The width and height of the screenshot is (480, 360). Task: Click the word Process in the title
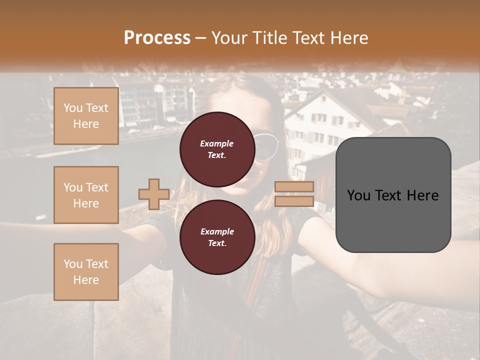point(157,37)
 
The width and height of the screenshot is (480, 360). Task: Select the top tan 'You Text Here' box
point(86,116)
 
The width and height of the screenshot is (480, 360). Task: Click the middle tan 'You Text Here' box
point(86,195)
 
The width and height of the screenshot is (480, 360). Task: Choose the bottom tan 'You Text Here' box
point(86,271)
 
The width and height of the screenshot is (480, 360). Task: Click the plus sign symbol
point(153,194)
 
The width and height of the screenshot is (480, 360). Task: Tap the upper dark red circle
point(217,149)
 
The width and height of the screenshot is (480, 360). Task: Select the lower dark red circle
point(217,237)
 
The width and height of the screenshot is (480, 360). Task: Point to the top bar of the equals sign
point(294,187)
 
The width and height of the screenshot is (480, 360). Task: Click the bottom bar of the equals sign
point(294,201)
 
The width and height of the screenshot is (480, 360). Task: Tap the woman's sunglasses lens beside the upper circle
point(265,147)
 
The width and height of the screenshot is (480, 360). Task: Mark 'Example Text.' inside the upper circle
point(217,149)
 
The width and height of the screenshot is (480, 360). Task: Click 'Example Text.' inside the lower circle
point(217,237)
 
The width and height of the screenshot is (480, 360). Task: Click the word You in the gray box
point(359,195)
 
